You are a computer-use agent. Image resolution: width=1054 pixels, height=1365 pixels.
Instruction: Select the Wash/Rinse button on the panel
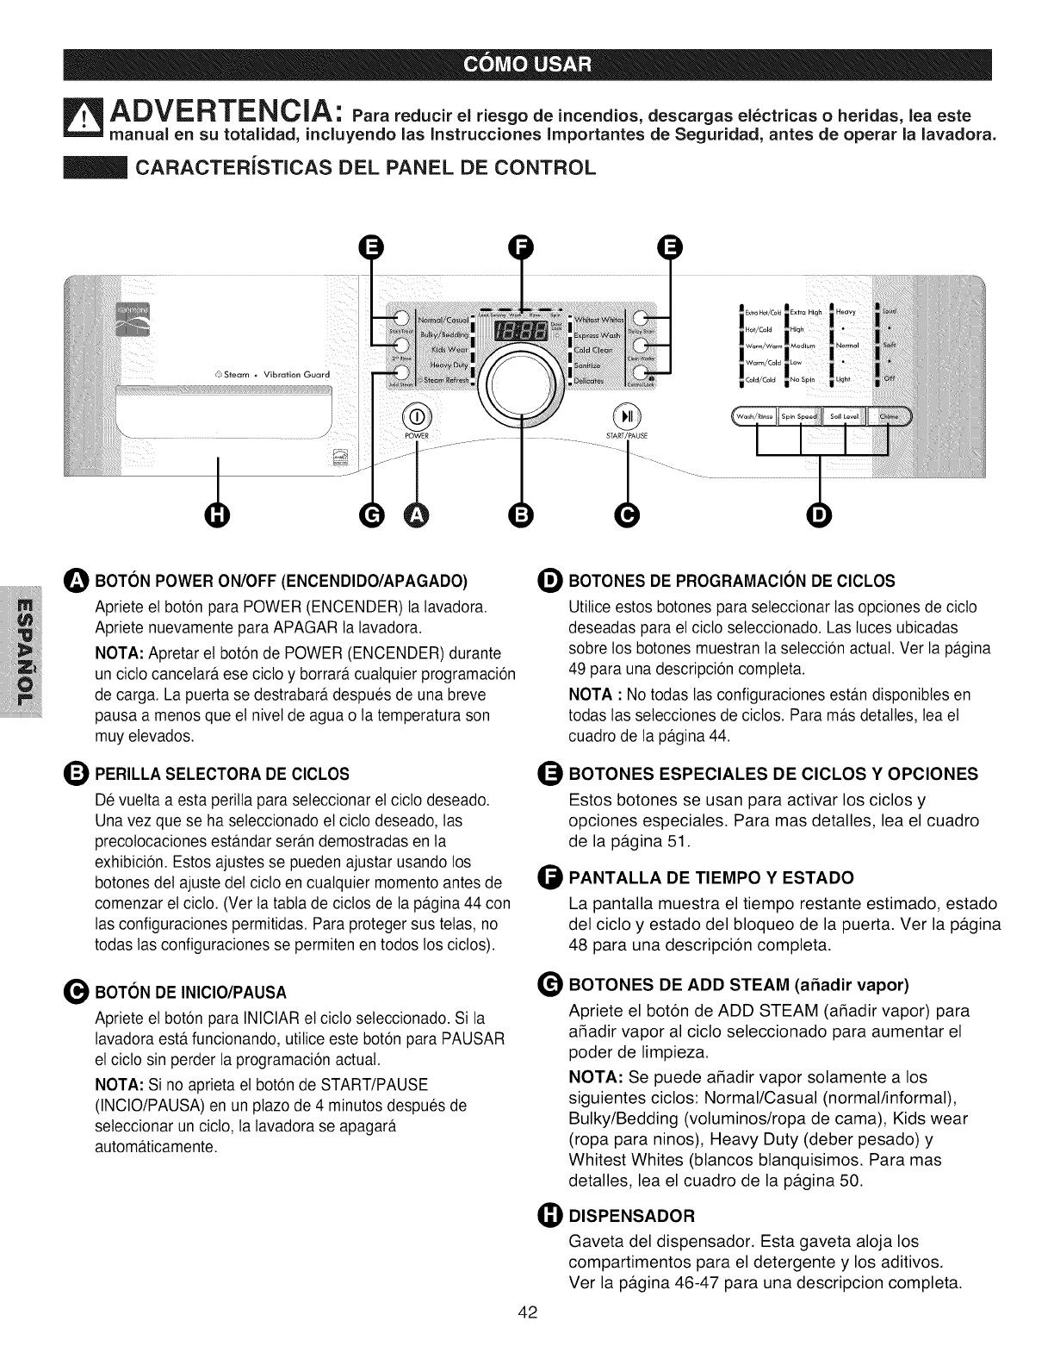click(x=755, y=417)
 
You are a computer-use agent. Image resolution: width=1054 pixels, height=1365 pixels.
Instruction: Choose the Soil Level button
click(x=846, y=417)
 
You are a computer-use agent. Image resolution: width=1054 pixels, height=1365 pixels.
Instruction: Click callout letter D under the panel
click(x=819, y=515)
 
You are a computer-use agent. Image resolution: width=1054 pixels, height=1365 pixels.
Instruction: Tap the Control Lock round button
click(x=640, y=372)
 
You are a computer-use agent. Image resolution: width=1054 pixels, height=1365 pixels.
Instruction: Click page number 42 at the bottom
click(x=527, y=1336)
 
